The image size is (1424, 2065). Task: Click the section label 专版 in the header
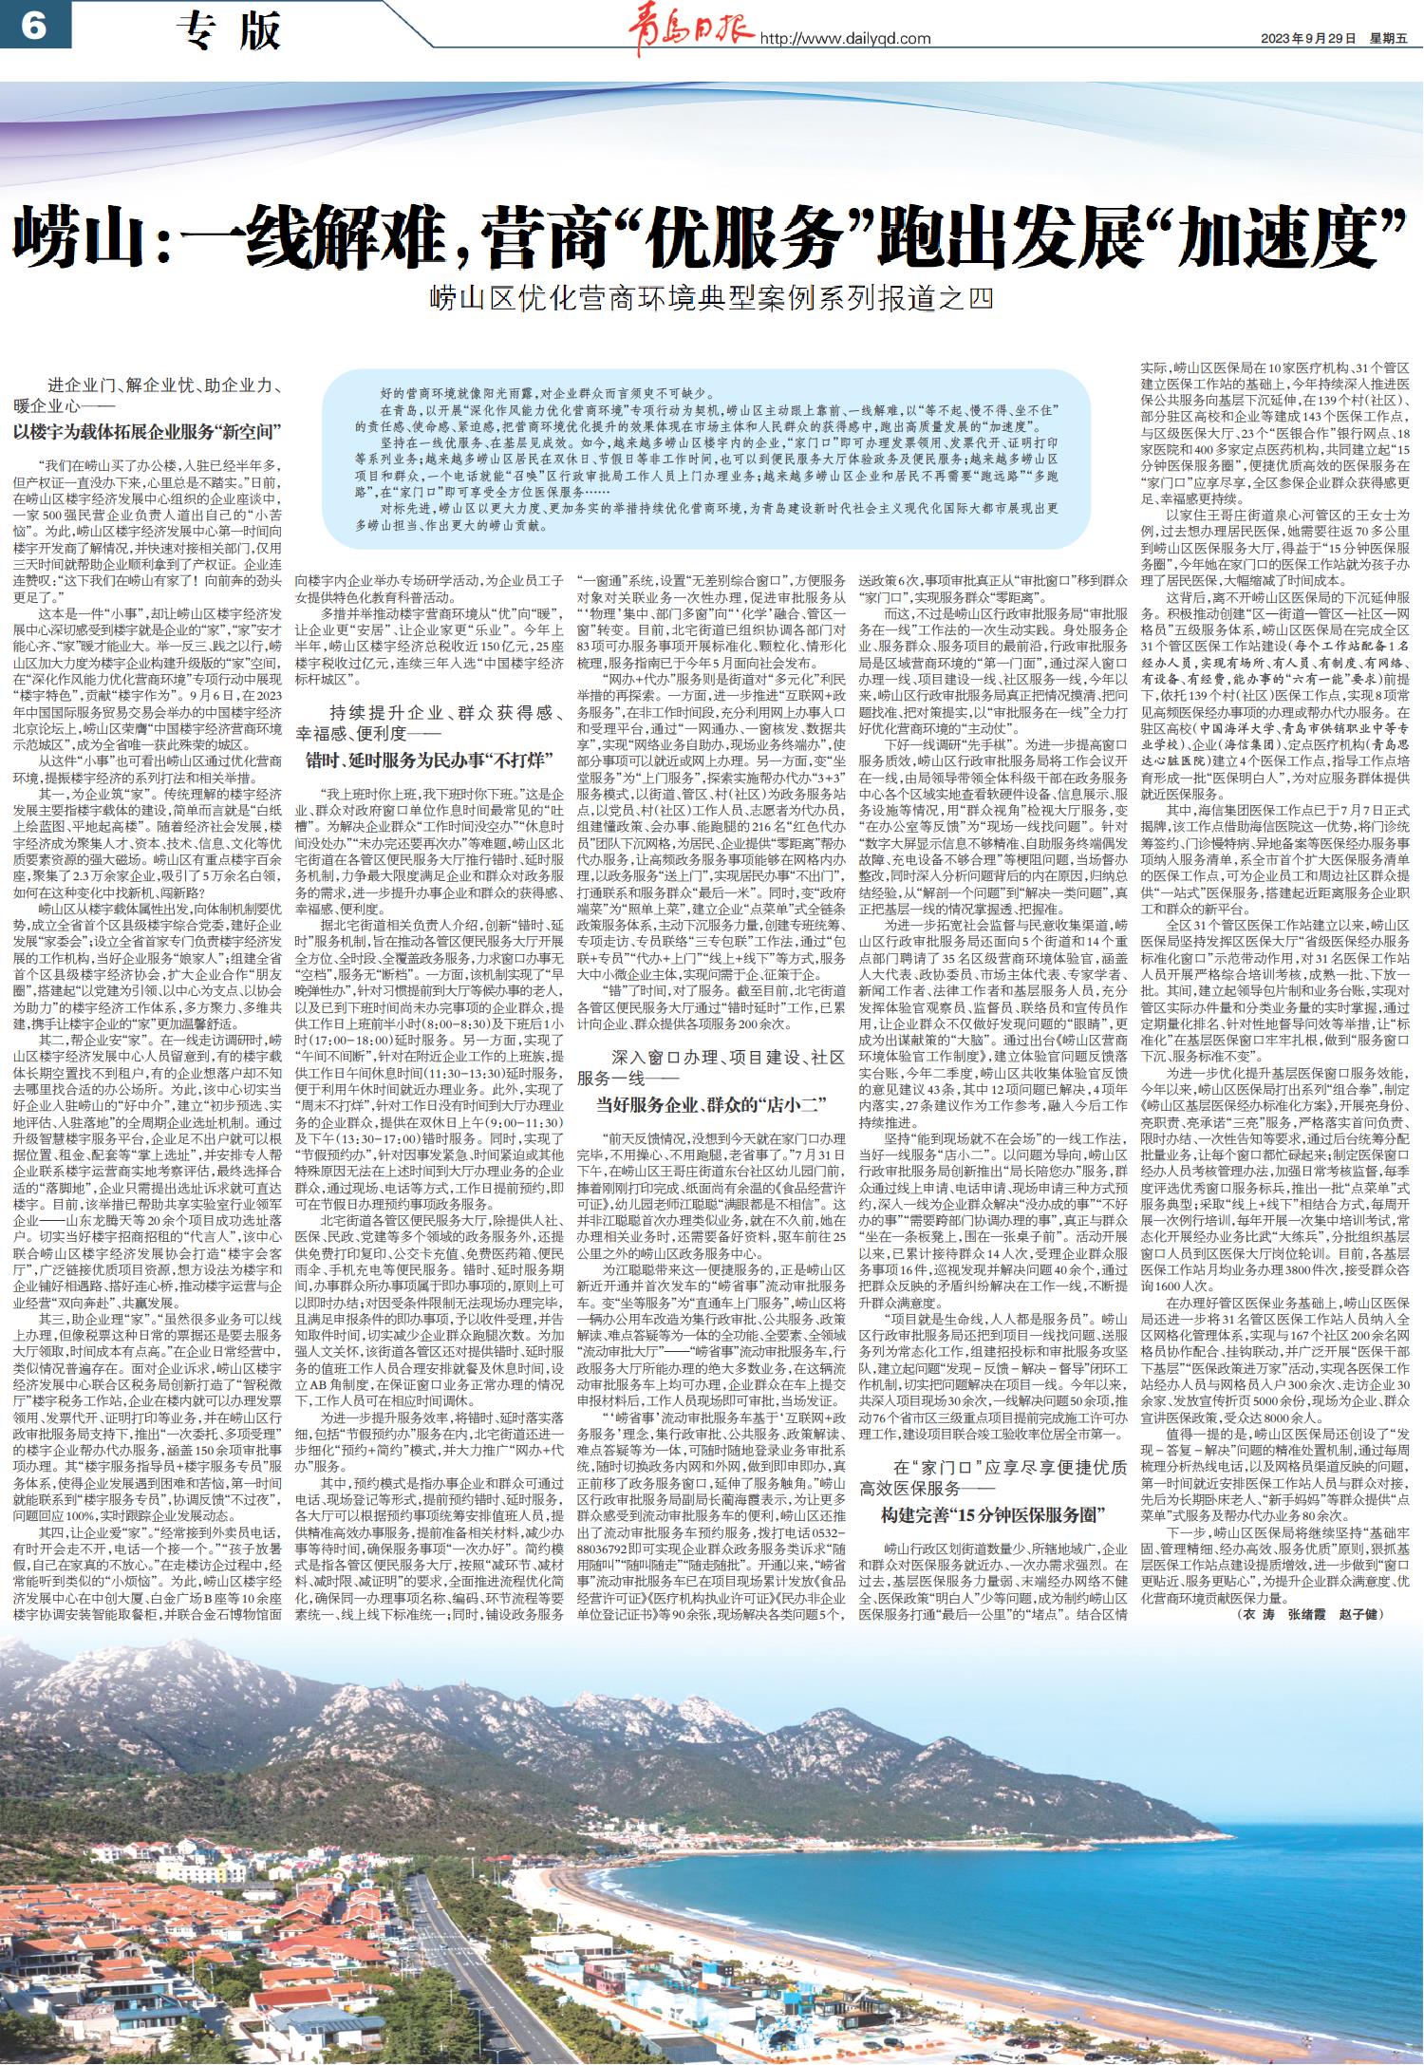pyautogui.click(x=228, y=31)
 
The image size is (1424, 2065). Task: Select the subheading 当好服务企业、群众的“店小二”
pyautogui.click(x=712, y=1103)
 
